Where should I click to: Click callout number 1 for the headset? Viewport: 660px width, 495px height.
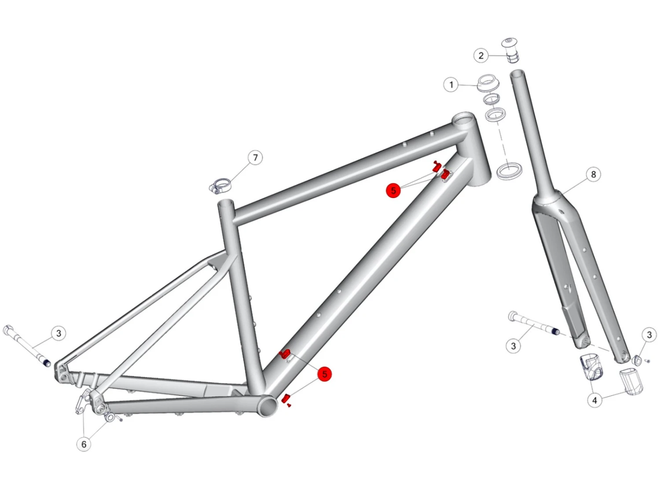(x=451, y=85)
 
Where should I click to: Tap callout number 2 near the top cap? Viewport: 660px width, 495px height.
(x=481, y=55)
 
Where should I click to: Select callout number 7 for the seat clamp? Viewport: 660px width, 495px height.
(x=255, y=158)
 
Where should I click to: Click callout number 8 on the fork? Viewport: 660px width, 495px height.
(x=593, y=174)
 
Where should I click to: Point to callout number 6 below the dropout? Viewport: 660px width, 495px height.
(x=84, y=444)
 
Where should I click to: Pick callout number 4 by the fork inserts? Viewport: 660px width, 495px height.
(x=594, y=400)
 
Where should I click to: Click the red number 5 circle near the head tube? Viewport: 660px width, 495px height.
(x=393, y=190)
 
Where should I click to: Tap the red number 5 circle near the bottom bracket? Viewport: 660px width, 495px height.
(x=324, y=374)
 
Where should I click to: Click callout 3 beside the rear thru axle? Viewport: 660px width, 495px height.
(x=59, y=333)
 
